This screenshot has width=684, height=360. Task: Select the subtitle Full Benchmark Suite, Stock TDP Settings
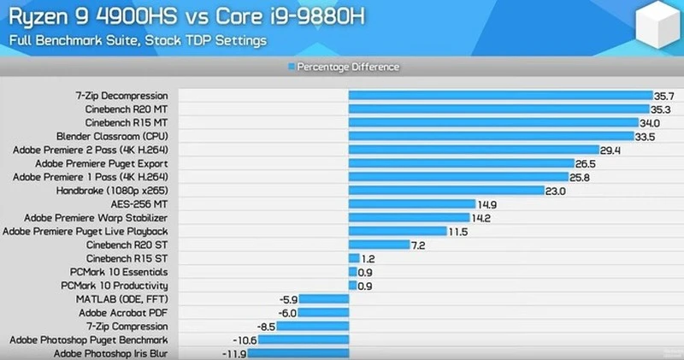[138, 40]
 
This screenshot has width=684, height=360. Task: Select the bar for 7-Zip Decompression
[499, 96]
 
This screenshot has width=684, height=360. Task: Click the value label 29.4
[610, 150]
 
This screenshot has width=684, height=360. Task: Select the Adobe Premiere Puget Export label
[101, 163]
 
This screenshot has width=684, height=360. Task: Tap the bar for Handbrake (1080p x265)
[445, 191]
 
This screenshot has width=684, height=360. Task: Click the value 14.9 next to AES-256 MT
[487, 204]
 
